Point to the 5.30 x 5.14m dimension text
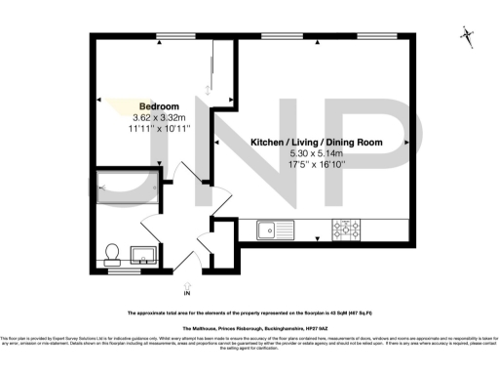315,153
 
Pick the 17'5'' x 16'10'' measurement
315,164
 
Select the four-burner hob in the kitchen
347,230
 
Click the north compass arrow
468,37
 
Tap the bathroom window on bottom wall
123,271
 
